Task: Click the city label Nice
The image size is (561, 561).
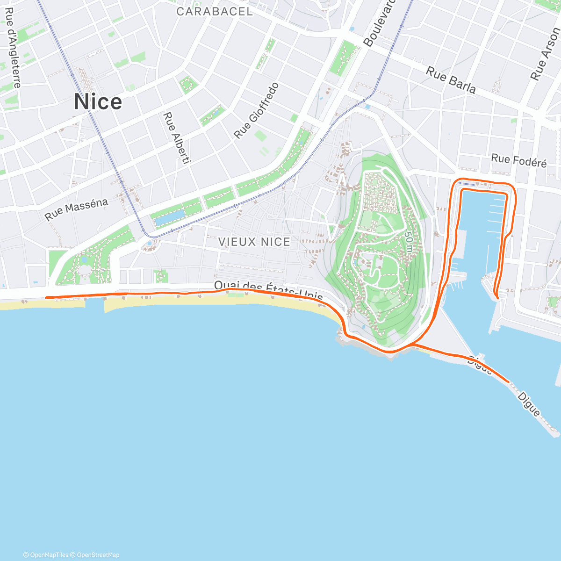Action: coord(98,102)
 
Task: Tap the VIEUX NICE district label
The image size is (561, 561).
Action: coord(254,242)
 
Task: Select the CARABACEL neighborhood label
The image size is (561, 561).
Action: coord(215,12)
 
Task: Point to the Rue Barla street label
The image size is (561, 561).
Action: coord(451,80)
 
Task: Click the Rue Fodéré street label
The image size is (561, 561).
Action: coord(518,160)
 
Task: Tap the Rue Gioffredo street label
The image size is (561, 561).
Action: coord(257,111)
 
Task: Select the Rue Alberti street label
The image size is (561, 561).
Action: coord(177,138)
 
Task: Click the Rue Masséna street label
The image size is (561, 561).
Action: coord(77,209)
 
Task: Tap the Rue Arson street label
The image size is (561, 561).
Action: coord(545,54)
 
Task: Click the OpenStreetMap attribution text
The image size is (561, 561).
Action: coord(98,555)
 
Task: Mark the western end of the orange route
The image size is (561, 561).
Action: coord(46,297)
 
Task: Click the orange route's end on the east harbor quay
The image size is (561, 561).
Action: coord(498,298)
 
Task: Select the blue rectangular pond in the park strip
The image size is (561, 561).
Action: coord(169,218)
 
